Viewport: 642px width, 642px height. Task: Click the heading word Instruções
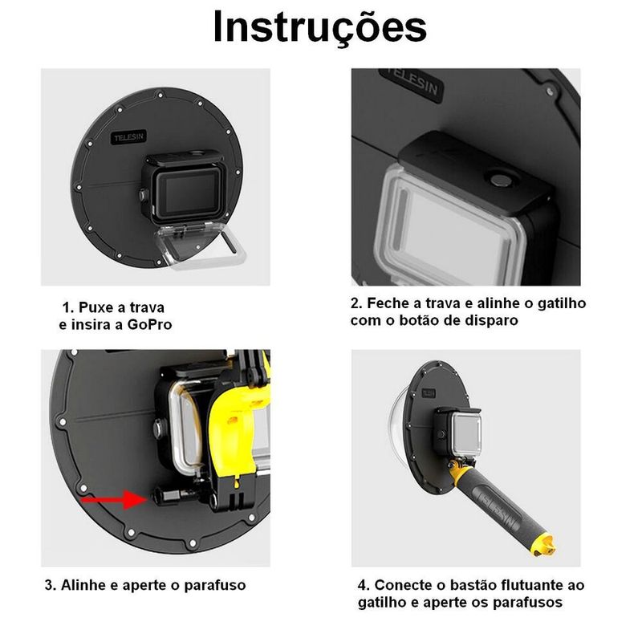(x=319, y=28)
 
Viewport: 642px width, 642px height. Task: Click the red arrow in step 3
(x=114, y=499)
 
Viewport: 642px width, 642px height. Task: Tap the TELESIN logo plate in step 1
(x=128, y=137)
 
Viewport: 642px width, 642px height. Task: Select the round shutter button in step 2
(x=498, y=180)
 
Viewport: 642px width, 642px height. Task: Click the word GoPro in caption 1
(x=149, y=325)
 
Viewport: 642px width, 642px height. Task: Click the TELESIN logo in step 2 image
(x=412, y=83)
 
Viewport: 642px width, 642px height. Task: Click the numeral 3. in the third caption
(x=51, y=585)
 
